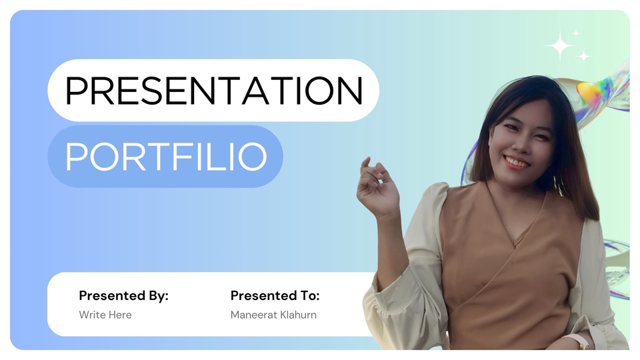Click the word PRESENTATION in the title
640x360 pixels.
click(x=214, y=90)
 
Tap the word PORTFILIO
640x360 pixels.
click(x=166, y=156)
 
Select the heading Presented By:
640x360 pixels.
click(x=124, y=296)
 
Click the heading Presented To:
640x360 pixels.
click(x=275, y=295)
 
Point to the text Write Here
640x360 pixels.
click(x=105, y=315)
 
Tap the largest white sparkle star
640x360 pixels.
click(x=560, y=46)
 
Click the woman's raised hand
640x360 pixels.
click(x=376, y=187)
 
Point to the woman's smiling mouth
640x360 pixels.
click(x=516, y=162)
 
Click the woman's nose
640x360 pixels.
click(x=519, y=143)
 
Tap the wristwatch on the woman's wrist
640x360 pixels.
click(x=579, y=342)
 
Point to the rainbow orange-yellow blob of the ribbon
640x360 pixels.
click(x=591, y=90)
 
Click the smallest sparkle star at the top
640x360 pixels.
click(x=575, y=33)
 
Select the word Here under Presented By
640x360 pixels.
click(x=120, y=315)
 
